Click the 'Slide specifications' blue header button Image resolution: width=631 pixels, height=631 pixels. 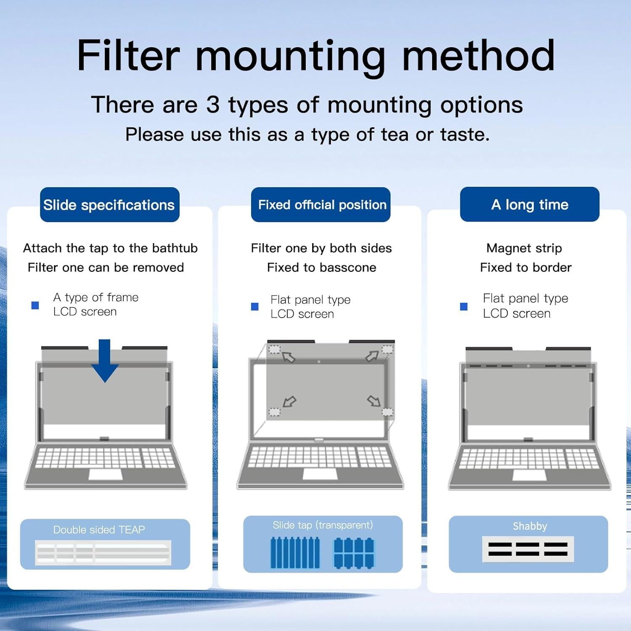(109, 205)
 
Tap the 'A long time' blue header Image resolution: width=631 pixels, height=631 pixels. (530, 204)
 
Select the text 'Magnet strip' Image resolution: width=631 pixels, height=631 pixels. (524, 248)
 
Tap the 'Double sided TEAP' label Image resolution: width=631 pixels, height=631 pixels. (99, 530)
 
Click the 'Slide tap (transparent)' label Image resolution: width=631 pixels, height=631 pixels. (323, 525)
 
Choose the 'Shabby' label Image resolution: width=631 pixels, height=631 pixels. (530, 526)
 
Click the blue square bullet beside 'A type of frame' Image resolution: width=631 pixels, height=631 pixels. (35, 305)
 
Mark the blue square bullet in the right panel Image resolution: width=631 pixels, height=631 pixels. (464, 306)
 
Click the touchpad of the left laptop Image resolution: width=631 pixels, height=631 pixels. (106, 475)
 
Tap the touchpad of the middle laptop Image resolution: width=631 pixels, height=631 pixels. (320, 474)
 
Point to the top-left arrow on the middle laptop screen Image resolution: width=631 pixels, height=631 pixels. (289, 357)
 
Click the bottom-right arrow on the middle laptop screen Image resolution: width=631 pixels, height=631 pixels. (374, 401)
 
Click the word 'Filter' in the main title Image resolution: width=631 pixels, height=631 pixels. (128, 56)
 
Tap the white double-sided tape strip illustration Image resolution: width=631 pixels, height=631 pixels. (103, 552)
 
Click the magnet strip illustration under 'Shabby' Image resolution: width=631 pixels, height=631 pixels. (528, 549)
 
